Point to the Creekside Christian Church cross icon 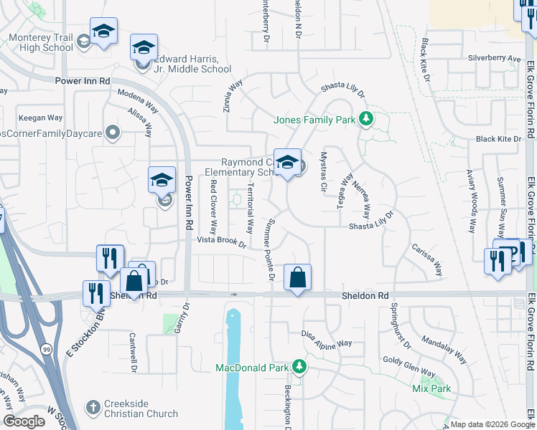click(93, 407)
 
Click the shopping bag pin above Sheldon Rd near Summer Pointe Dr click(297, 277)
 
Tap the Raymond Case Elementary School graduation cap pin click(287, 162)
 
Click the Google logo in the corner click(24, 421)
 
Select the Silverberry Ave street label click(494, 58)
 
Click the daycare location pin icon click(112, 132)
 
